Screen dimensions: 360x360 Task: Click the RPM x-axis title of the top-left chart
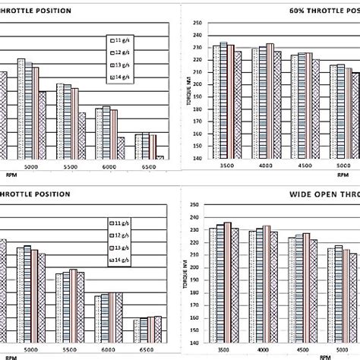(10, 174)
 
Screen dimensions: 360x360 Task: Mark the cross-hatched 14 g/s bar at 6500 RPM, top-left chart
(159, 157)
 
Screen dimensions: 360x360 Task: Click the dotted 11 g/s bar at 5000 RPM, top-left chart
(21, 108)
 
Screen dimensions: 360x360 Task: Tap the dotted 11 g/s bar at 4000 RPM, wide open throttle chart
(253, 288)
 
